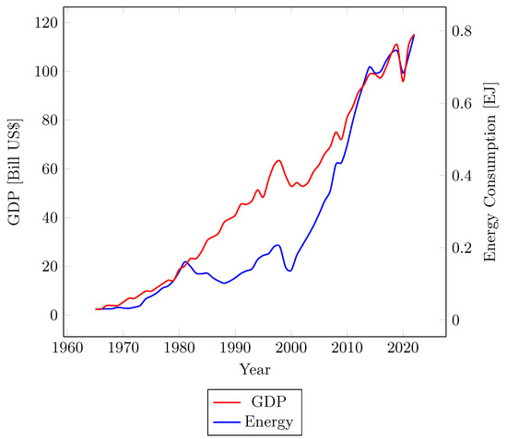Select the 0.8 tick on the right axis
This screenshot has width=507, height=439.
pyautogui.click(x=464, y=30)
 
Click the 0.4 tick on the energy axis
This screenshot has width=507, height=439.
pyautogui.click(x=464, y=176)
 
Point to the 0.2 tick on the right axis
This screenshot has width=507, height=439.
pyautogui.click(x=464, y=248)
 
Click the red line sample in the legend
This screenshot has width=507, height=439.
pyautogui.click(x=227, y=402)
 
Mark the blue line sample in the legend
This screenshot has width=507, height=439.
pyautogui.click(x=227, y=422)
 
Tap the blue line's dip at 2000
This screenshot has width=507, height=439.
pyautogui.click(x=289, y=271)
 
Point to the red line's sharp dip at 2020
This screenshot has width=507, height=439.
pyautogui.click(x=403, y=82)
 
